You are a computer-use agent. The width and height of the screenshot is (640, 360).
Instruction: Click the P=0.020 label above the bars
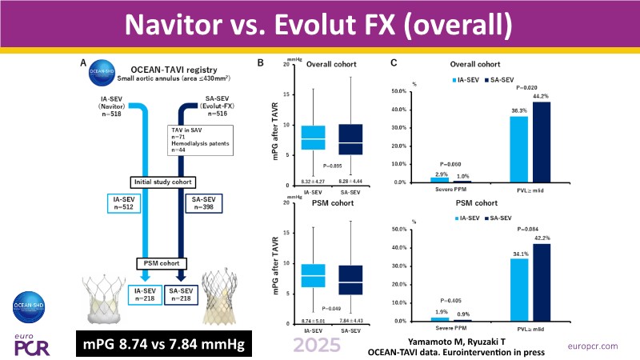click(530, 86)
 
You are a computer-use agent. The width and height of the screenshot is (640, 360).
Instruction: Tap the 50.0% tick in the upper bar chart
click(399, 92)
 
